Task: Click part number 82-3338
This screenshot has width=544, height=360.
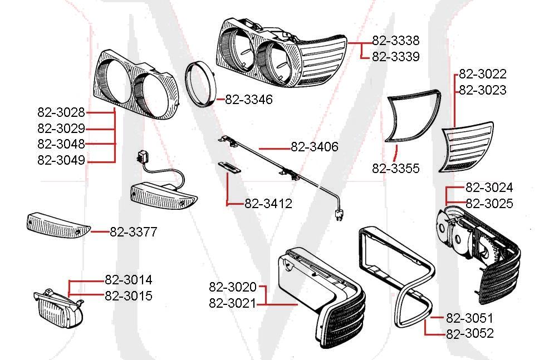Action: coord(395,41)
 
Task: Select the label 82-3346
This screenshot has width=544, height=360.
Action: coord(249,100)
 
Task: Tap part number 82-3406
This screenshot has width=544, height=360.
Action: coord(314,147)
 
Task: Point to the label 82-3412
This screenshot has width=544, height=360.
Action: coord(268,204)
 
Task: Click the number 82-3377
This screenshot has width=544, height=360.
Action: coord(133,232)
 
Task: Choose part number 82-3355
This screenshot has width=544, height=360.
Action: coord(395,169)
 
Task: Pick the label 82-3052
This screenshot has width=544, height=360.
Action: coord(469,334)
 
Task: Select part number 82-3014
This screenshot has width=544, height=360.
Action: coord(128,280)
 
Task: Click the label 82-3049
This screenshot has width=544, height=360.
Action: coord(61,161)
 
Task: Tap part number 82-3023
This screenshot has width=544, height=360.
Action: coord(482,90)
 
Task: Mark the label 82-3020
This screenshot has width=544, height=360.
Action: coord(233,287)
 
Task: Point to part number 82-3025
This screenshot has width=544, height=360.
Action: coord(489,204)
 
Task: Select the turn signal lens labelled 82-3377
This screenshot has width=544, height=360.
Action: coord(57,225)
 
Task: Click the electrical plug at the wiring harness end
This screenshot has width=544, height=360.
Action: coord(337,215)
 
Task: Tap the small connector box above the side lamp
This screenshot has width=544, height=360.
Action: coord(146,156)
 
